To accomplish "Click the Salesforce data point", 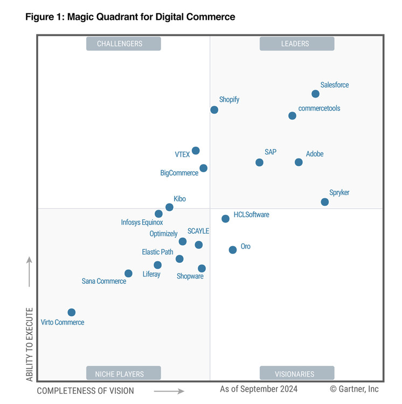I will click(315, 94).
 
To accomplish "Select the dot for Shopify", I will click(214, 110).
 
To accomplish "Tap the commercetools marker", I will click(292, 116).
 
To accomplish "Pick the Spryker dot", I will click(324, 202).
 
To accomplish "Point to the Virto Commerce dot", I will click(71, 312).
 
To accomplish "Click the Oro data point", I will click(232, 250).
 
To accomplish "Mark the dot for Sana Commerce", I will click(128, 274).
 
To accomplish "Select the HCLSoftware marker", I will click(225, 219).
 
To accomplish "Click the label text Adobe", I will click(315, 154).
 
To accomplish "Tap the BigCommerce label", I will click(179, 173).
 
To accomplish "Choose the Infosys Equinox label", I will click(142, 222).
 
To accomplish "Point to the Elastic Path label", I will click(157, 252).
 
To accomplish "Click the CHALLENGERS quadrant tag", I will click(123, 44).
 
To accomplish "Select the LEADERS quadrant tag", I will click(296, 44).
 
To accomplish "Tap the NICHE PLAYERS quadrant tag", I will click(123, 374).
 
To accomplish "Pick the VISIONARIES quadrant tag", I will click(296, 374).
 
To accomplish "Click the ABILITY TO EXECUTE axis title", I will click(30, 345).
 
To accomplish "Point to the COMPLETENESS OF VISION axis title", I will click(85, 391).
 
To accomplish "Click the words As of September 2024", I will click(258, 389).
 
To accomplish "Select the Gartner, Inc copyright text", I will click(354, 389).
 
